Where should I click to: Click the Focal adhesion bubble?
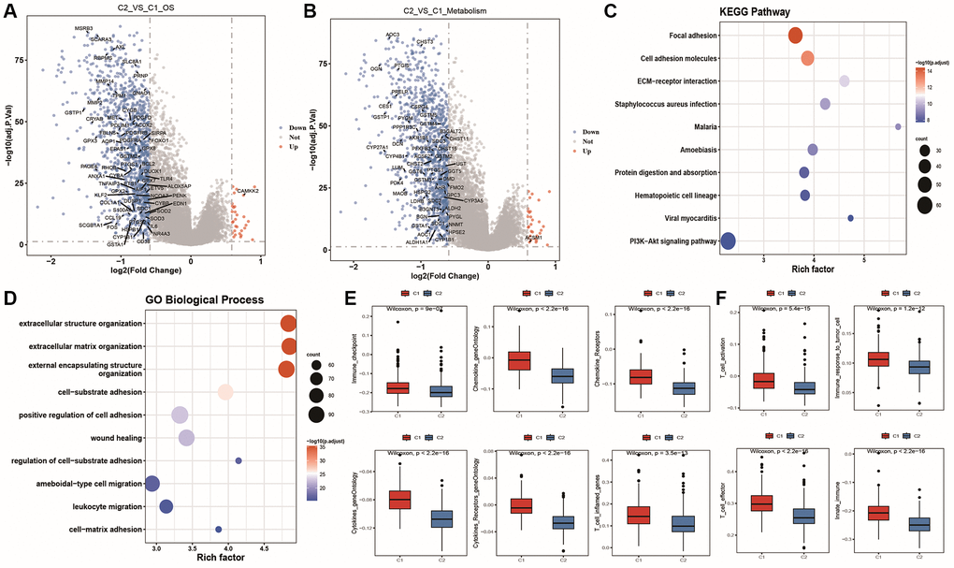tap(796, 36)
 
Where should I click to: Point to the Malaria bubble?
tap(898, 126)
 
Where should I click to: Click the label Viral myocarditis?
tap(679, 218)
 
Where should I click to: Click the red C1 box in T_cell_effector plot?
tap(763, 502)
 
